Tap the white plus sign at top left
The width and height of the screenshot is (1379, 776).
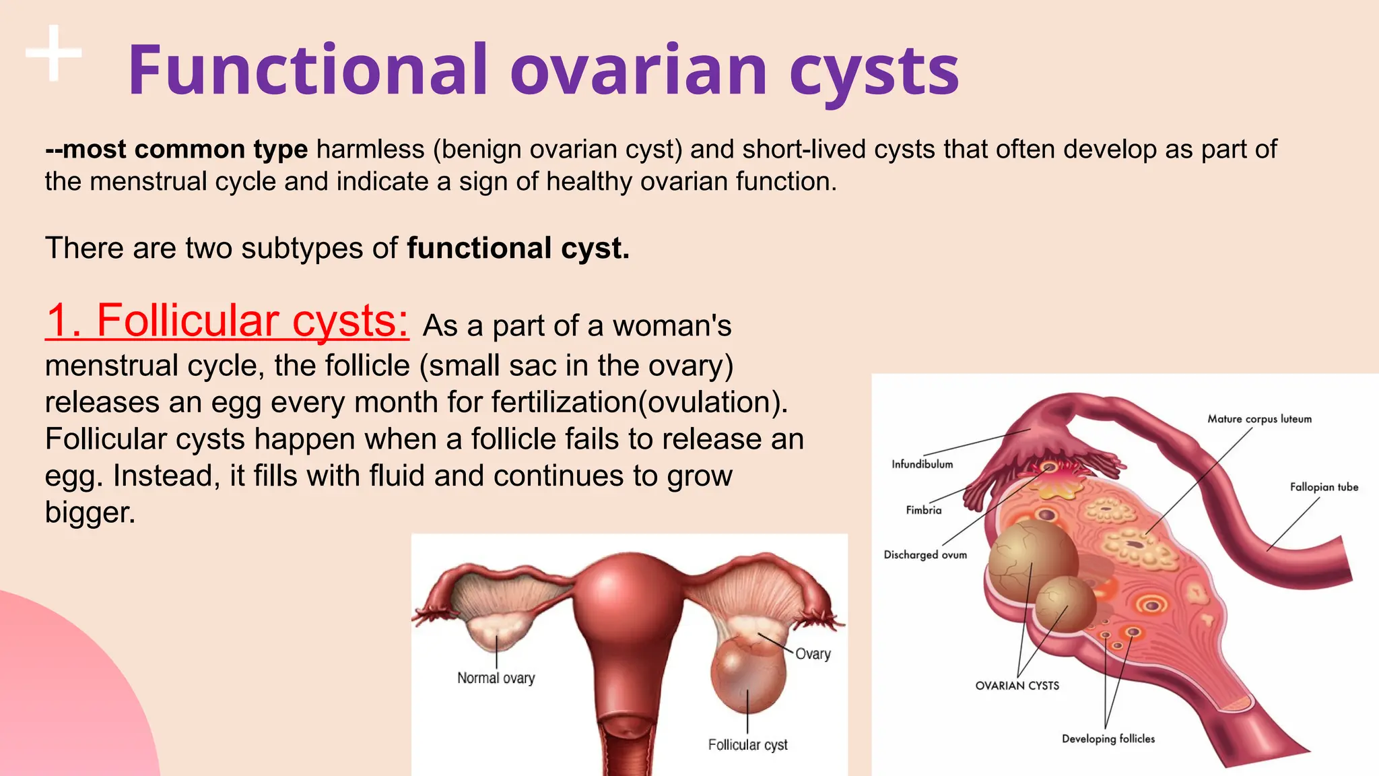[54, 53]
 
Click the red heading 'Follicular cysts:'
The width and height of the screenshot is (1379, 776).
[227, 321]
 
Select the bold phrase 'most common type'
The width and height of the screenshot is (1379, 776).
[185, 149]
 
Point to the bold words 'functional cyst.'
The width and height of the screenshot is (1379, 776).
[518, 248]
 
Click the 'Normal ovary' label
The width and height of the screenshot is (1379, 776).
[496, 678]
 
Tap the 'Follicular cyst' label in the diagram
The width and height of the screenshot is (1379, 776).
[747, 745]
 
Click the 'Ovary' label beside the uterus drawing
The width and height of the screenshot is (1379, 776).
[813, 654]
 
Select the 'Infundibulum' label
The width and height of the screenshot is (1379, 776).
[922, 464]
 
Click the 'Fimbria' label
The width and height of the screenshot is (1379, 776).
[923, 511]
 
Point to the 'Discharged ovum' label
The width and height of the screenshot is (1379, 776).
[924, 555]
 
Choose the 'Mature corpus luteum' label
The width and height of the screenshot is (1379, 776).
[1259, 419]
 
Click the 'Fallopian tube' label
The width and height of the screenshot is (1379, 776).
[1323, 487]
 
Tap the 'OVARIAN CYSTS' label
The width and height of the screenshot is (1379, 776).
[1017, 686]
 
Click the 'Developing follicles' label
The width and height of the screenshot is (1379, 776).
[1108, 739]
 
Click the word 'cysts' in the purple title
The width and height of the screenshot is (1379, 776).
[874, 70]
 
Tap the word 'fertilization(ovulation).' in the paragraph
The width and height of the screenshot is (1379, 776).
[639, 402]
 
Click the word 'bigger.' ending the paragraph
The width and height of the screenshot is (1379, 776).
[90, 513]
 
